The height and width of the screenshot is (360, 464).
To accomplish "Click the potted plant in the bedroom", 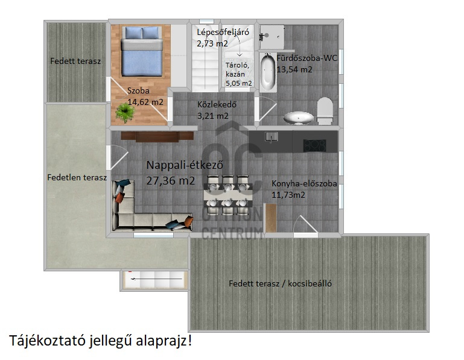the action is tap(125, 112).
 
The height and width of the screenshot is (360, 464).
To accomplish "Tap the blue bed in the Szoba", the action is tap(142, 51).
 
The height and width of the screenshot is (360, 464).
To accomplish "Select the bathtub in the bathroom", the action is tap(268, 72).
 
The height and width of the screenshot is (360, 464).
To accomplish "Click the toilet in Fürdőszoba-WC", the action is tap(325, 110).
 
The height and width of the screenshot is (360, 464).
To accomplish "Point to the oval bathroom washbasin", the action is tap(298, 118).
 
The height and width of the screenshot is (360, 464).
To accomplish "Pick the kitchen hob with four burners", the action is tap(314, 145).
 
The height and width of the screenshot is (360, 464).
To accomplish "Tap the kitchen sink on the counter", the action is tap(272, 137).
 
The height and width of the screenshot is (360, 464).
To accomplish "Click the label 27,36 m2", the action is tap(171, 180).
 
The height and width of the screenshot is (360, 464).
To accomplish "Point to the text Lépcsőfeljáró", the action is tap(223, 32).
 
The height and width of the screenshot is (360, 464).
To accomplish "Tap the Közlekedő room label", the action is tap(217, 104).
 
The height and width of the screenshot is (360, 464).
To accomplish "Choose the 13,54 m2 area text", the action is tap(294, 69).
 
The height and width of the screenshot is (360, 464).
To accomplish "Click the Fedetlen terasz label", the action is tap(77, 177).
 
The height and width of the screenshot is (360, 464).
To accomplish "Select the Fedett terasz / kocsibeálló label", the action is tap(280, 283).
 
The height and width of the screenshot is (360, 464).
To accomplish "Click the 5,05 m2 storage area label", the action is tap(239, 83).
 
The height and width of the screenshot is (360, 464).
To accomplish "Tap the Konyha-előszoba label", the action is tap(304, 183).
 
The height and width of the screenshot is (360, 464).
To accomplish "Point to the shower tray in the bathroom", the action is tap(272, 37).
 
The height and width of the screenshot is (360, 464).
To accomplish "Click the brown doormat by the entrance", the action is tap(271, 218).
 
